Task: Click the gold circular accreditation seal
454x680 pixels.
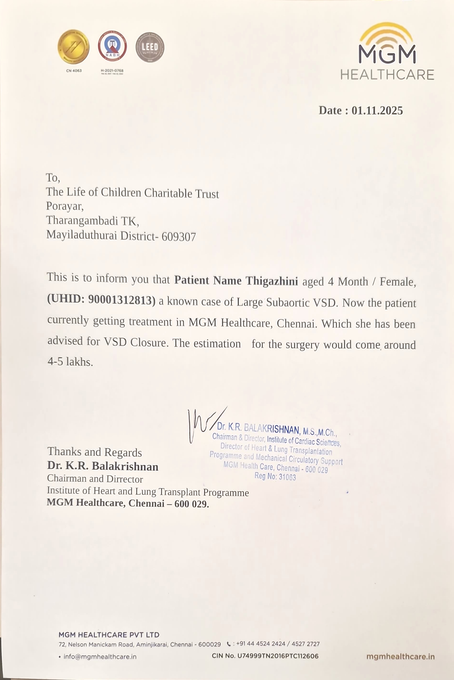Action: [74, 47]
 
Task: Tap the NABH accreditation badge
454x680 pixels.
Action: [112, 46]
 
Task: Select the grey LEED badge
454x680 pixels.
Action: [150, 47]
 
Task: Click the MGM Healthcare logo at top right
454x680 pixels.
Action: [387, 52]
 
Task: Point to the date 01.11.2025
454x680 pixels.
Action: [377, 111]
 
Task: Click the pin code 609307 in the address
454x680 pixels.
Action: [179, 237]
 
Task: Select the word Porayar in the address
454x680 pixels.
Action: [64, 206]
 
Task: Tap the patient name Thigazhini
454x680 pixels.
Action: [272, 281]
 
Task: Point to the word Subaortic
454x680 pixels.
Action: [288, 302]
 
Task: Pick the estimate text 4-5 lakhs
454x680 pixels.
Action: [70, 362]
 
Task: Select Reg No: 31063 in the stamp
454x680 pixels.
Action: [275, 476]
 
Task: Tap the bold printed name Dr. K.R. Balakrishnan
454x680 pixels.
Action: [103, 466]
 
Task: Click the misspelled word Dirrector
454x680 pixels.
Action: [124, 479]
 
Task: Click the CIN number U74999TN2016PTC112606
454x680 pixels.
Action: [278, 656]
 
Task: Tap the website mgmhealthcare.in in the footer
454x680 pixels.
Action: [400, 656]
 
